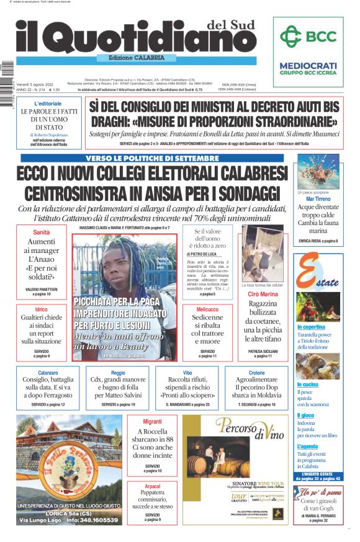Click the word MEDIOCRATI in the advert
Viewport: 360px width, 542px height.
(x=308, y=65)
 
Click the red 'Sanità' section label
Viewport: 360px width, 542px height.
(x=42, y=232)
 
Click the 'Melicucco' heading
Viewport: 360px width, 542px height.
(x=207, y=309)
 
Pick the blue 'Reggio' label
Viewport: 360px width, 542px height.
(x=118, y=373)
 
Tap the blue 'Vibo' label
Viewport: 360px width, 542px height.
(x=187, y=373)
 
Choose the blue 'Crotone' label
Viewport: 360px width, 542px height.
(x=257, y=373)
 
